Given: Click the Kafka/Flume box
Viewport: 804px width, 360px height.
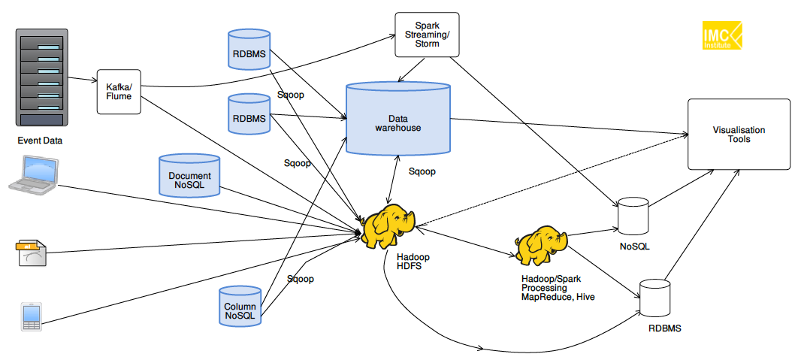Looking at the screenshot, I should [119, 92].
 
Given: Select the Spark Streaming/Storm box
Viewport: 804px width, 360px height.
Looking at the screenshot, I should [427, 34].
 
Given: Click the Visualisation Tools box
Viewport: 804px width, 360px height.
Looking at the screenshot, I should [739, 135].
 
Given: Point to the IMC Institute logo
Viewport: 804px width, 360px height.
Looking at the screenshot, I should [721, 35].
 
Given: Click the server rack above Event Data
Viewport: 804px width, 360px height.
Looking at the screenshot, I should [42, 78].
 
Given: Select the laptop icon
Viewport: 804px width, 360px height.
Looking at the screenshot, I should [33, 175].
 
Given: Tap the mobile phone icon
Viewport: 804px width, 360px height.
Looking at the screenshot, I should [31, 316].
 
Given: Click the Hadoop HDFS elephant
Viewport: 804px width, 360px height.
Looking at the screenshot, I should [388, 225].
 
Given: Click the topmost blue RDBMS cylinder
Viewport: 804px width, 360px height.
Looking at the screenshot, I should [249, 50].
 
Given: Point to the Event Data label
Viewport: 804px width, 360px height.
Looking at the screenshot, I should [41, 140].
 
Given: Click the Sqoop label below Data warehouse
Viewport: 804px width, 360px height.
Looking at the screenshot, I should [422, 171].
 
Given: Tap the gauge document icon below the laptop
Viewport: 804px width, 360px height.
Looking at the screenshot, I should [32, 254].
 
